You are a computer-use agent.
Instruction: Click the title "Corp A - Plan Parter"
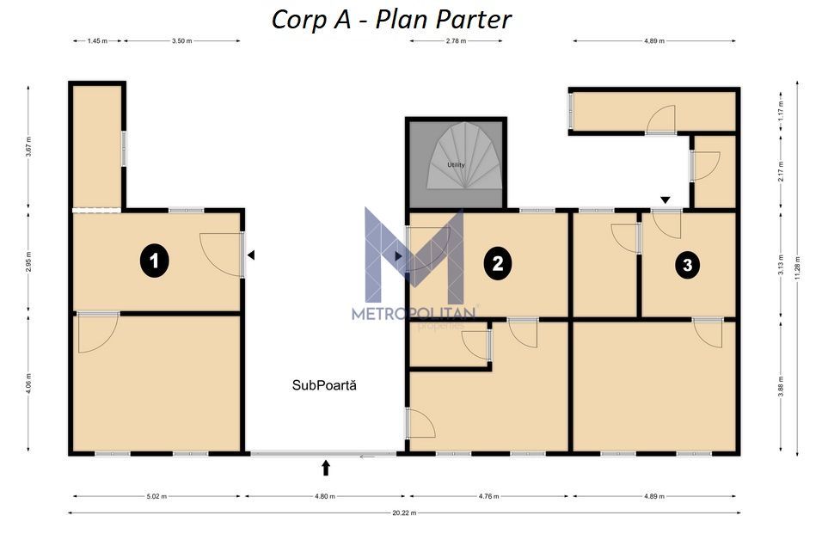tap(391, 18)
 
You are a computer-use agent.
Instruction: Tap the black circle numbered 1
tap(154, 262)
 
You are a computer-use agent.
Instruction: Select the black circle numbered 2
tap(497, 262)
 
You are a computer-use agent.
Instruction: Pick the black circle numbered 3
tap(687, 265)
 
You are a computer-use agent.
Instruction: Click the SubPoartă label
tap(324, 386)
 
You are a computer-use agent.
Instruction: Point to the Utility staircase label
tap(456, 164)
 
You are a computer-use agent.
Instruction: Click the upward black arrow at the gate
tap(326, 467)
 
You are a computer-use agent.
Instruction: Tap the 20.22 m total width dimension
tap(403, 513)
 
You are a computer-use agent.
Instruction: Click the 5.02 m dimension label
tap(156, 496)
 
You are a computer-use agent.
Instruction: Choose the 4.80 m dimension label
tap(324, 496)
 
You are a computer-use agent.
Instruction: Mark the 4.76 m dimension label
tap(488, 496)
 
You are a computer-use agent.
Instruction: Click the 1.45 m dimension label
tap(97, 40)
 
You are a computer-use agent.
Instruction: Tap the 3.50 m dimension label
tap(181, 40)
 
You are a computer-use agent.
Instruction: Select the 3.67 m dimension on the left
tap(28, 145)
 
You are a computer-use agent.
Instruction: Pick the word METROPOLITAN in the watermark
tap(414, 314)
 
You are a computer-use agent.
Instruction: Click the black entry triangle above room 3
tap(665, 200)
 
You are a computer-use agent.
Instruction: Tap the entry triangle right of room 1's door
tap(251, 255)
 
